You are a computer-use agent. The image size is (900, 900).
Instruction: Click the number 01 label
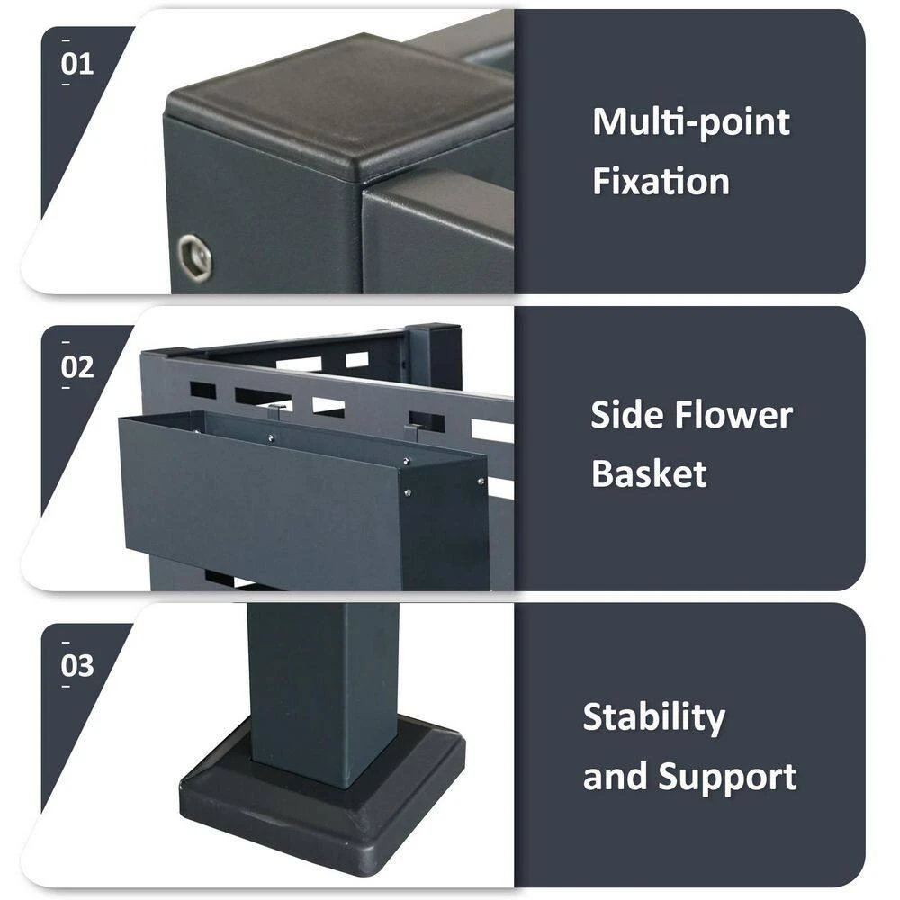76,64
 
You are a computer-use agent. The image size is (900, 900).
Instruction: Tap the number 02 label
76,366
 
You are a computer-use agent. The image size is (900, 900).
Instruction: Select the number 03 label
76,665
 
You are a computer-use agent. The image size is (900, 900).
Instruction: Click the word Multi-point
691,123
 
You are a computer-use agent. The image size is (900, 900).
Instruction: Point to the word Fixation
661,181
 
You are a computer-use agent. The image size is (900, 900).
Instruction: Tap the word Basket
649,473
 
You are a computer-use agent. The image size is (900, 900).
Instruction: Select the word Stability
653,718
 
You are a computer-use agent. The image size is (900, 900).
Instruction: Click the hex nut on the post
194,256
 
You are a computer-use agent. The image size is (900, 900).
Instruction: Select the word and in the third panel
615,777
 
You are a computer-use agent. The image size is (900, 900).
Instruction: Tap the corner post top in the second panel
434,328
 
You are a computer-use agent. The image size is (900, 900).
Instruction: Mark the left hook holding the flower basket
274,411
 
